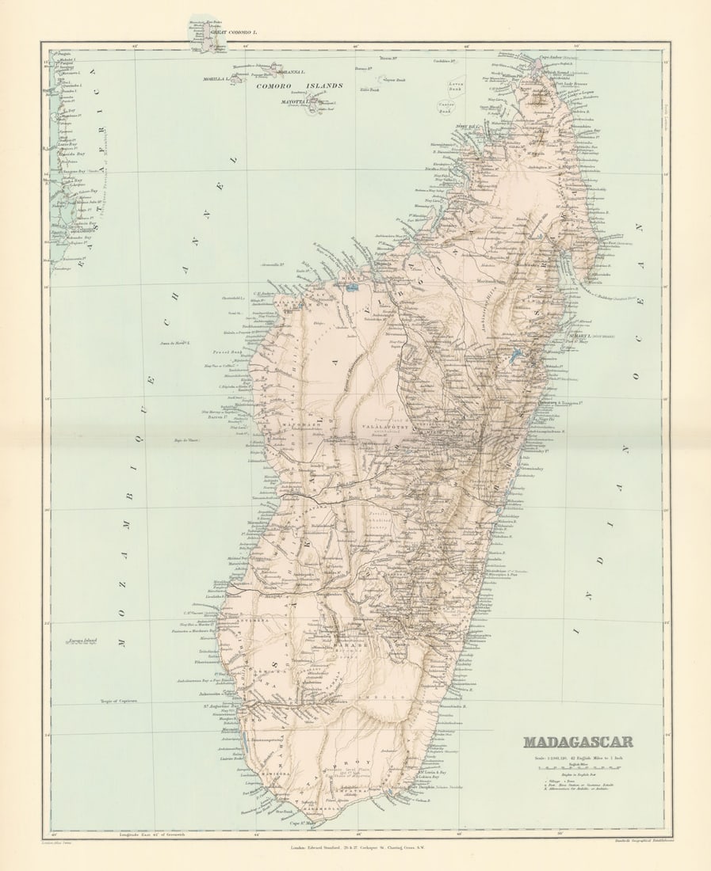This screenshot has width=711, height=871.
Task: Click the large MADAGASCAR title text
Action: pyautogui.click(x=578, y=742)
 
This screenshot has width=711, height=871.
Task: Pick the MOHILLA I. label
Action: pyautogui.click(x=215, y=80)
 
